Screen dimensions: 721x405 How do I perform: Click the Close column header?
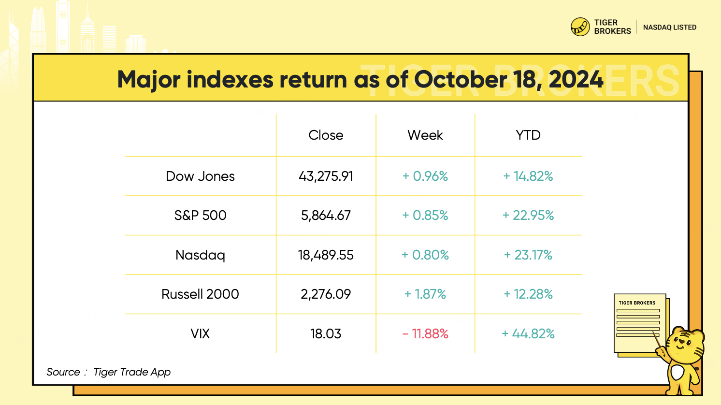(326, 135)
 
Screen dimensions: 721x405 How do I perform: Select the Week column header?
(425, 135)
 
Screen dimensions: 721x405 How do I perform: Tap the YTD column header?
(528, 135)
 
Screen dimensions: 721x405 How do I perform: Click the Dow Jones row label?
(200, 176)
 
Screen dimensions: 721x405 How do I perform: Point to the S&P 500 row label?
(200, 216)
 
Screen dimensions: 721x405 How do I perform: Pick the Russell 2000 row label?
(200, 294)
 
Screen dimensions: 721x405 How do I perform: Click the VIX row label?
(200, 334)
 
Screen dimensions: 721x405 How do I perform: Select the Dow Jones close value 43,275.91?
(326, 176)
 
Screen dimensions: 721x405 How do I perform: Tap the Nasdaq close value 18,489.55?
(326, 255)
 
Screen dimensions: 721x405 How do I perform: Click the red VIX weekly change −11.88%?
(425, 334)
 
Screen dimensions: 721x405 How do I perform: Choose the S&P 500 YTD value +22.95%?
(528, 216)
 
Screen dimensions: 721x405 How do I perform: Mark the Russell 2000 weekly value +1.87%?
(425, 294)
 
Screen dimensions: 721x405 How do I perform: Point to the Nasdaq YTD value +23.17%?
(528, 255)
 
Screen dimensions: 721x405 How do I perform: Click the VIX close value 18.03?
(326, 334)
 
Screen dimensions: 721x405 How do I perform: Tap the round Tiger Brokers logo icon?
(580, 27)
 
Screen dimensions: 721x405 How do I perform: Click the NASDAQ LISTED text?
(669, 28)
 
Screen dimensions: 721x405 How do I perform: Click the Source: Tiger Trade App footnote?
(108, 372)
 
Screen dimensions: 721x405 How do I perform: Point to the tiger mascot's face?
(684, 345)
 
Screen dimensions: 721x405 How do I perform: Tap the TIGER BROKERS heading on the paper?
(637, 303)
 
